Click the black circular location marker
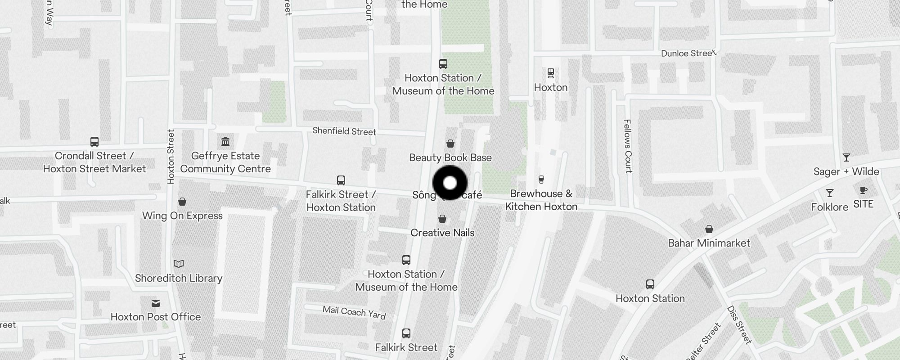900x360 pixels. [x=450, y=183]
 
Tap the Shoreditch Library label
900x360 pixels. [x=179, y=278]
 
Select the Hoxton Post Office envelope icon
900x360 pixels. [x=156, y=303]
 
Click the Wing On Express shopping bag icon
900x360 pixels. [x=182, y=201]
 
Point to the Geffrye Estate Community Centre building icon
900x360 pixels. [x=225, y=142]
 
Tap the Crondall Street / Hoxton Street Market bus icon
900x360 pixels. [x=94, y=142]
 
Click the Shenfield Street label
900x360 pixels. [x=344, y=131]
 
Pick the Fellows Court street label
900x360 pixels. [x=628, y=146]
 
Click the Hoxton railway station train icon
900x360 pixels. [x=551, y=73]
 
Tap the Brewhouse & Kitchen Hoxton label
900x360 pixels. [x=541, y=200]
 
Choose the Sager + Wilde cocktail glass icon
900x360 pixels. [x=846, y=157]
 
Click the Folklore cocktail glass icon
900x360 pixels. [x=830, y=193]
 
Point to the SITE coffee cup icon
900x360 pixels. [x=863, y=190]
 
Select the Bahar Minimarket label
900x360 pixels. [x=709, y=243]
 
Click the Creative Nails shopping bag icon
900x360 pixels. [x=442, y=219]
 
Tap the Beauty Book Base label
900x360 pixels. [x=450, y=157]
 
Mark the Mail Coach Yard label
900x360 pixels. [x=354, y=312]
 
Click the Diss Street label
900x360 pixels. [x=739, y=325]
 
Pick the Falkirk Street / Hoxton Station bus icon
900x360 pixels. [x=341, y=180]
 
